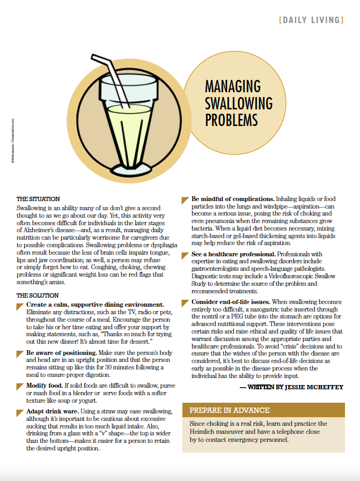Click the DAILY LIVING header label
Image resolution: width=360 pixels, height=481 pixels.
[x=311, y=20]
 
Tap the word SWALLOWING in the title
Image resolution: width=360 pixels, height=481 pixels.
[x=239, y=102]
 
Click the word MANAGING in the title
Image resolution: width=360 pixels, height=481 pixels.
[x=233, y=86]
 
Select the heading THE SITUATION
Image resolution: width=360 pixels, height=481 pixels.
[x=38, y=199]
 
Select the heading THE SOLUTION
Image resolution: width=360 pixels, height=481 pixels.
[x=37, y=295]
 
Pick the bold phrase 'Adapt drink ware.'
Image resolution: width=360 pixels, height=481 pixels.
[x=53, y=411]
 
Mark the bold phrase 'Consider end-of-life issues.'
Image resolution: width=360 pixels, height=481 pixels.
[x=231, y=302]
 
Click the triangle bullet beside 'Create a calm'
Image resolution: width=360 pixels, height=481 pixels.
[x=20, y=305]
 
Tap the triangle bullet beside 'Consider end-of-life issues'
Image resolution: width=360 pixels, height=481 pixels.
[x=185, y=302]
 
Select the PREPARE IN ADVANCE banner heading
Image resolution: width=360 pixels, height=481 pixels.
[x=229, y=410]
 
